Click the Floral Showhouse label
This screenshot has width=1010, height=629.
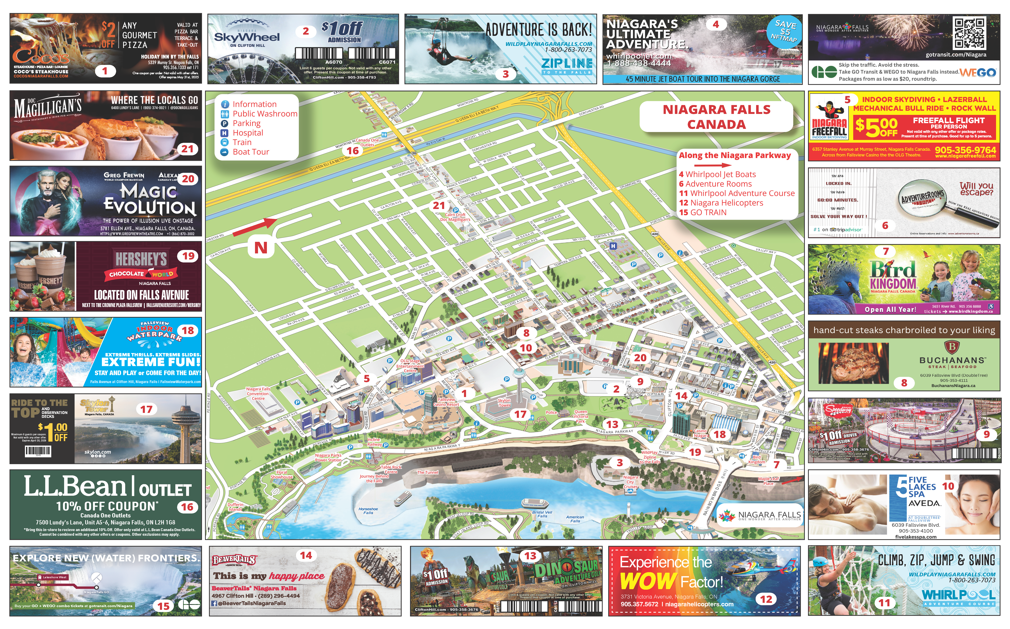tap(282, 475)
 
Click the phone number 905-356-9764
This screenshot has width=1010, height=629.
tap(965, 150)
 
